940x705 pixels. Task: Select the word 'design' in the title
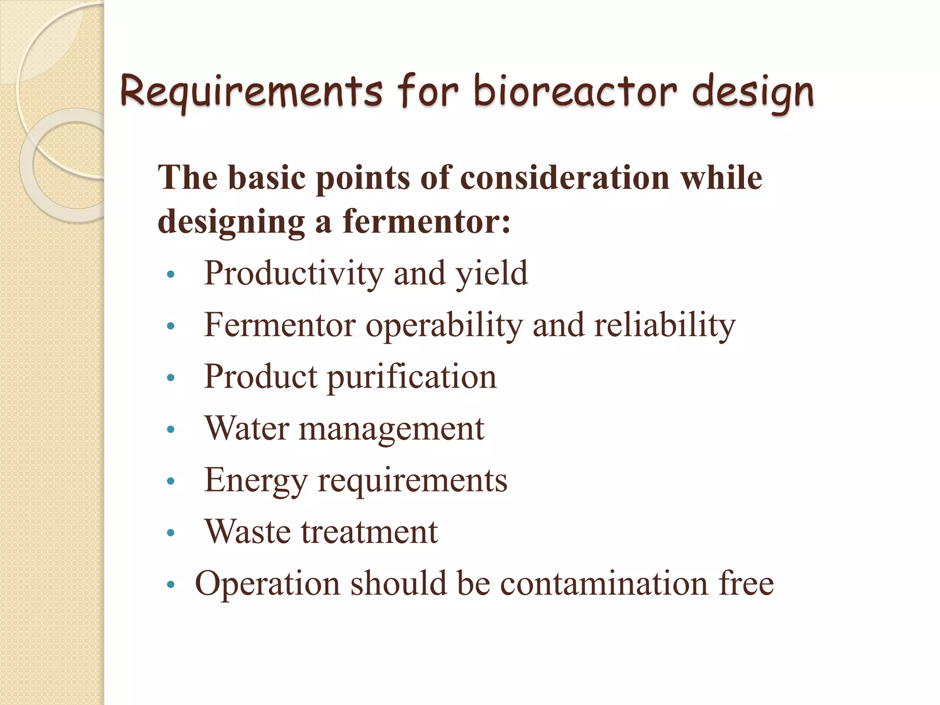pos(753,92)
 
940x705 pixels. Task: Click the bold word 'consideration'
pos(564,178)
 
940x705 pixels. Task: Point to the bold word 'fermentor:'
pos(426,222)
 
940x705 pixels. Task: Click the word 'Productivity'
pos(293,273)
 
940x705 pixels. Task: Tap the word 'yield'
pos(491,274)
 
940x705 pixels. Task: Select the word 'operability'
pos(444,325)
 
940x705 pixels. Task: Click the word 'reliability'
pos(665,325)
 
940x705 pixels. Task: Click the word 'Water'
pos(246,428)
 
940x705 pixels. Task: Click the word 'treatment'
pos(369,532)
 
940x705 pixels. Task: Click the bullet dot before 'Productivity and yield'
pos(171,274)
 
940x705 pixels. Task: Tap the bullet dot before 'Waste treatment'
pos(171,533)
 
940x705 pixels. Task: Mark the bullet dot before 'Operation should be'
pos(171,584)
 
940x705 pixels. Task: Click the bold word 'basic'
pos(267,178)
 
